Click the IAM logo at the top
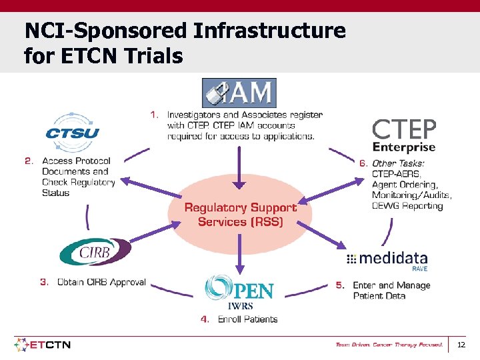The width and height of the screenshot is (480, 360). (x=239, y=93)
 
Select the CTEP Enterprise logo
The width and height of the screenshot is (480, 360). (x=404, y=136)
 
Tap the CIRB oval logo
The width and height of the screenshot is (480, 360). (x=95, y=253)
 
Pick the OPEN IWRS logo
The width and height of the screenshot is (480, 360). (x=239, y=292)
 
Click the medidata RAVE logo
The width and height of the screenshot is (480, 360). (x=388, y=259)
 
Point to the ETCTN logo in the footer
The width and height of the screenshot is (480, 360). (x=43, y=345)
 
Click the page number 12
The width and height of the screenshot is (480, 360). (x=461, y=345)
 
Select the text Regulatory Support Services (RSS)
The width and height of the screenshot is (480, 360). (x=240, y=215)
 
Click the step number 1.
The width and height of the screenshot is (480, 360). (x=154, y=115)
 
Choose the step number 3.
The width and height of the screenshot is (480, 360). (x=45, y=282)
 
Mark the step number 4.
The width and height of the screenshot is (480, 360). (x=205, y=319)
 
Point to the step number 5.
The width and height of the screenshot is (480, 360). (x=340, y=285)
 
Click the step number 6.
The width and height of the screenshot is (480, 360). (x=363, y=163)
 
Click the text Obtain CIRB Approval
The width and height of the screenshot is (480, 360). (x=101, y=282)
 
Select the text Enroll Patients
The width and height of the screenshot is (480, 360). (x=247, y=319)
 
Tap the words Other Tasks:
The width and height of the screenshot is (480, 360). (x=398, y=163)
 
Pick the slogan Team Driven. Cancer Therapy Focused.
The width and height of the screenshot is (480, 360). (x=389, y=345)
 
